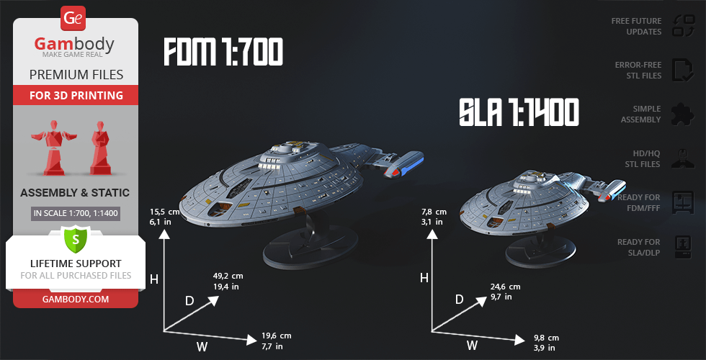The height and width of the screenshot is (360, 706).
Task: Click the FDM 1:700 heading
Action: click(223, 53)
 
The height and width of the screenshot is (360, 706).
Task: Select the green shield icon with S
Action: click(75, 237)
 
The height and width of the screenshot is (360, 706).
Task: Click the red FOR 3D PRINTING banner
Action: click(76, 96)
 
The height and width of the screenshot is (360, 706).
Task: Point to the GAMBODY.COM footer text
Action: click(76, 299)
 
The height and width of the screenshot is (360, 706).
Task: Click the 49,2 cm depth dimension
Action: click(228, 281)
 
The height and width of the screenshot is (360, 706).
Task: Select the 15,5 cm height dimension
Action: click(165, 217)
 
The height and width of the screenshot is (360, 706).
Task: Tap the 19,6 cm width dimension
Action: click(277, 341)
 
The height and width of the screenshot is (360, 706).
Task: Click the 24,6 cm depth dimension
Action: click(505, 291)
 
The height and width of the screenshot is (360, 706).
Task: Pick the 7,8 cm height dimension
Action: click(434, 217)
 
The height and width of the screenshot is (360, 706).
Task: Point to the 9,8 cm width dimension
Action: click(544, 343)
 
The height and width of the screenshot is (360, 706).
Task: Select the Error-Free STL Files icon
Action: click(682, 70)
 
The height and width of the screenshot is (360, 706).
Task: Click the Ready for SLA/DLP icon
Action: click(682, 247)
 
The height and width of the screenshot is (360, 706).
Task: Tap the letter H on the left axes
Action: click(154, 279)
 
